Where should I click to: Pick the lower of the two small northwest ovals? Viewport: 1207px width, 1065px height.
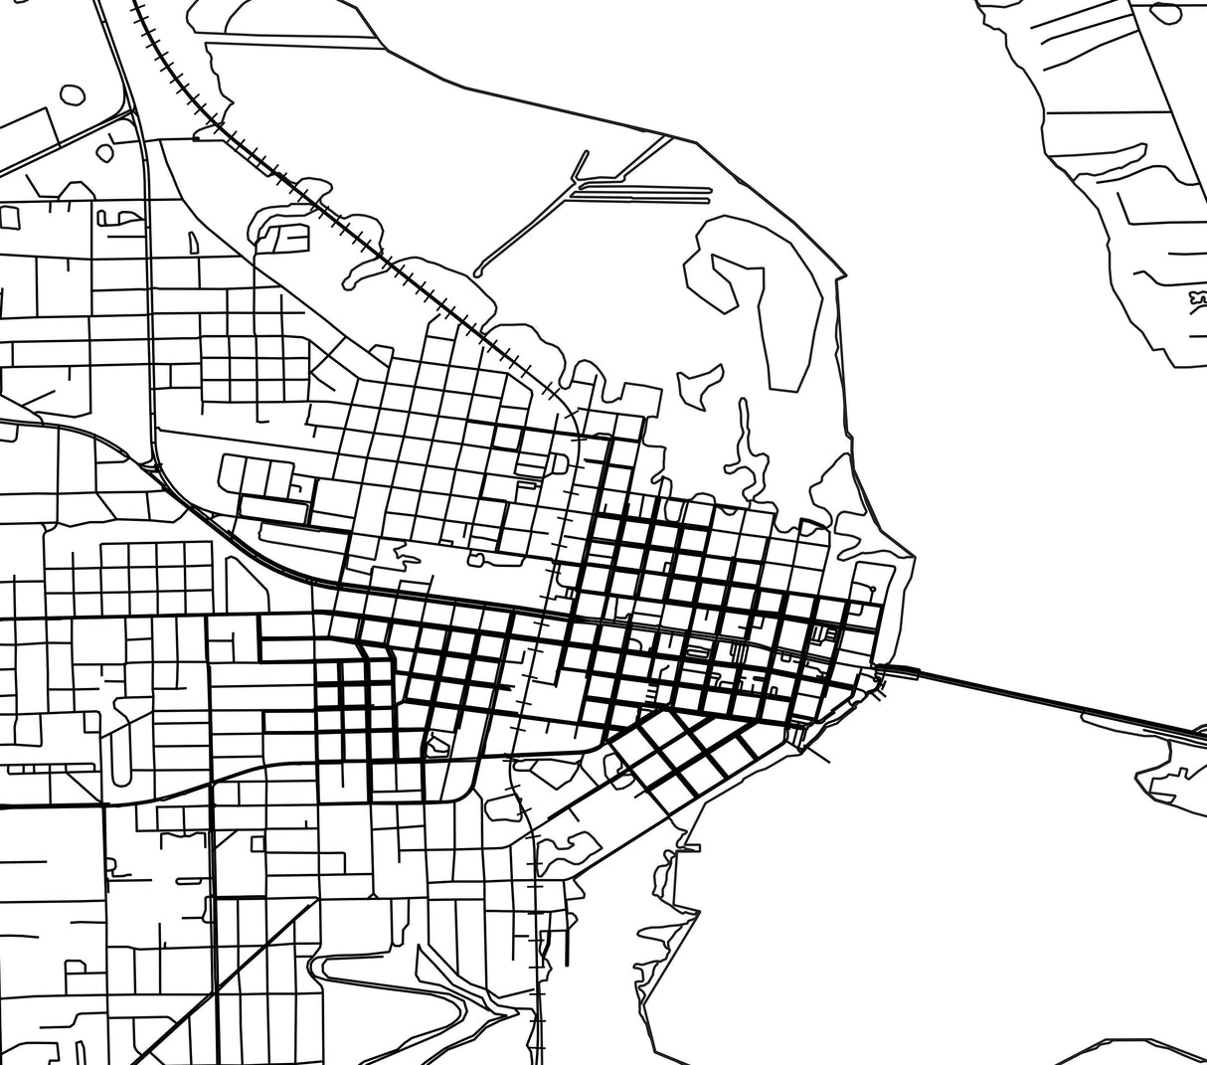point(103,153)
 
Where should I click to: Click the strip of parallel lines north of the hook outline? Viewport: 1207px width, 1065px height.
point(641,189)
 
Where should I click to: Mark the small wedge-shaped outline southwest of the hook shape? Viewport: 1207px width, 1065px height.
point(698,383)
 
